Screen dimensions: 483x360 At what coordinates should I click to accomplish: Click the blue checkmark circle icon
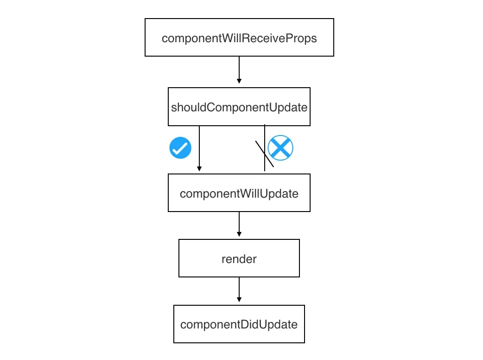click(x=180, y=148)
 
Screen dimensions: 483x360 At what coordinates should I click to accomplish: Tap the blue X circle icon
click(x=280, y=148)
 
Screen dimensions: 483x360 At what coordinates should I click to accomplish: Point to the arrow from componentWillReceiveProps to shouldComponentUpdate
click(x=239, y=70)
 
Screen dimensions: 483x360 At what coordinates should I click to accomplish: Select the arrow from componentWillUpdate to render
click(x=239, y=224)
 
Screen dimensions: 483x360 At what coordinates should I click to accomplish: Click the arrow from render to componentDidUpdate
click(x=239, y=290)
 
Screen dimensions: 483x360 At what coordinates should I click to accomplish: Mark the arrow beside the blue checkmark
click(x=199, y=148)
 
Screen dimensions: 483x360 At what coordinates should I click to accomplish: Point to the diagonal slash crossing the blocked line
click(x=265, y=154)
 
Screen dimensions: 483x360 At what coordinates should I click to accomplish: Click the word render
click(x=239, y=259)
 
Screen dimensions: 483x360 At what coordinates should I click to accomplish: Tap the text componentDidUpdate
click(x=239, y=324)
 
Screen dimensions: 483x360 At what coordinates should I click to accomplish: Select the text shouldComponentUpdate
click(x=239, y=107)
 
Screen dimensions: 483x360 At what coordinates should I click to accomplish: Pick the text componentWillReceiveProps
click(x=239, y=38)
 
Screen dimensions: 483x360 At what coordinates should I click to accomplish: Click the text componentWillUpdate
click(x=239, y=193)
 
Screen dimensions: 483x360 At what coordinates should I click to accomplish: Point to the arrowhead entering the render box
click(x=239, y=235)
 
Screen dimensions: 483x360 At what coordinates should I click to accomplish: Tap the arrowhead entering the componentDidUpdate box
click(x=239, y=300)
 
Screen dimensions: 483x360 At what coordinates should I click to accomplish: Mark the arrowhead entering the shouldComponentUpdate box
click(x=239, y=81)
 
